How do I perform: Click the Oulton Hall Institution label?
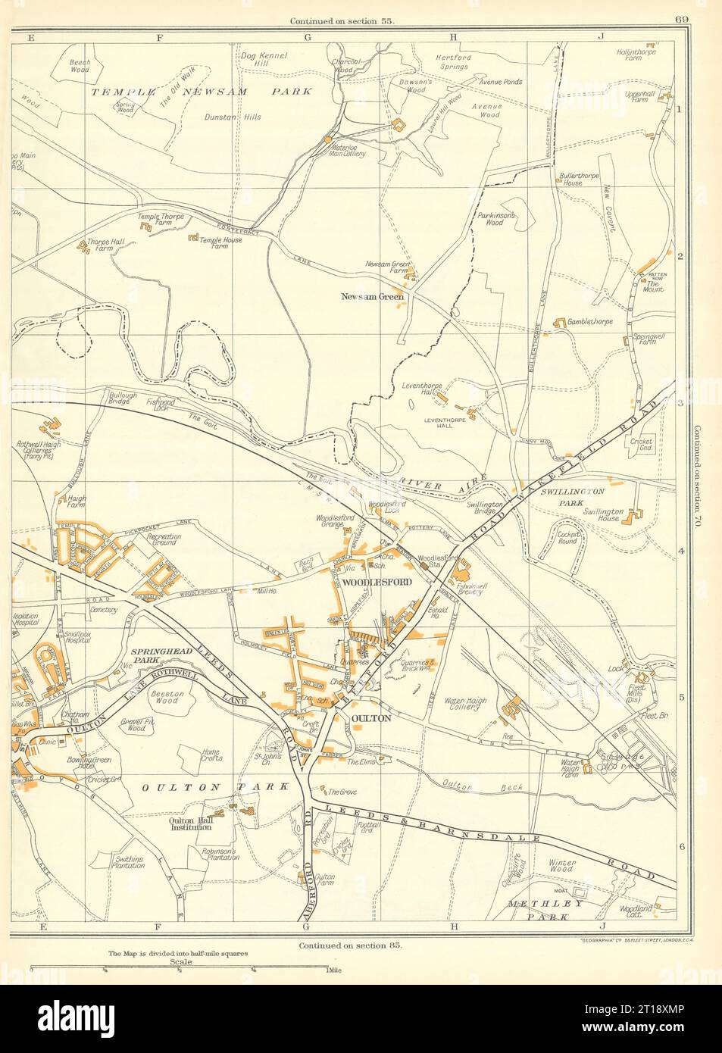tap(189, 824)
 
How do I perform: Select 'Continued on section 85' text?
tap(345, 945)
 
